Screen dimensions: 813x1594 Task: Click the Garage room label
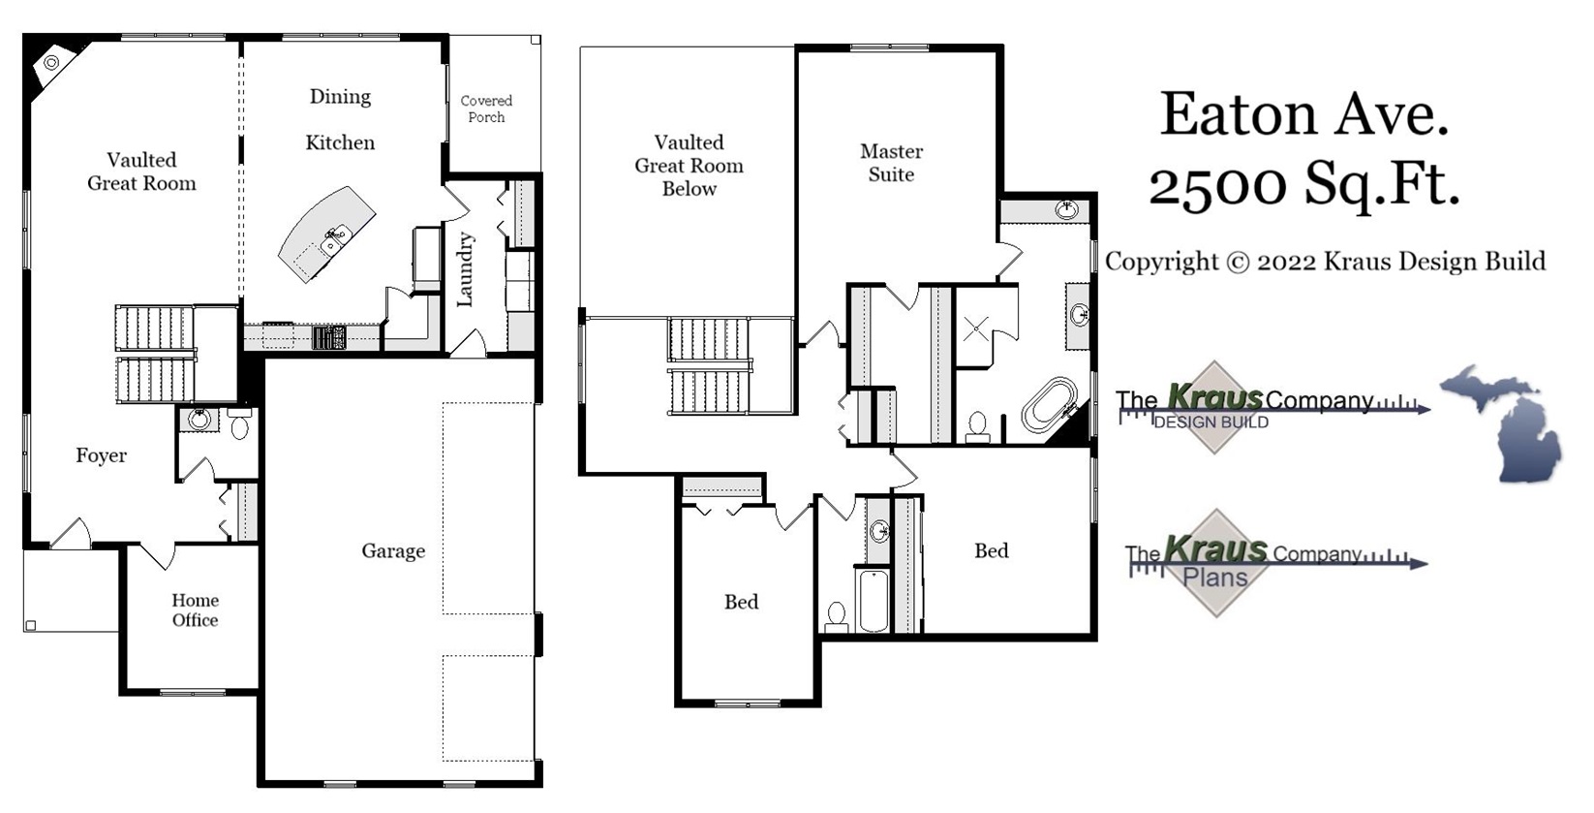[x=393, y=550]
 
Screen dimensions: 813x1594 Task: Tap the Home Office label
[x=195, y=610]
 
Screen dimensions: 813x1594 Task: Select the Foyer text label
[x=101, y=455]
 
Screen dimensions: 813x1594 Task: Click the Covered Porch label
[x=486, y=109]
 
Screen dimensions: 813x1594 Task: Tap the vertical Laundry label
[x=466, y=269]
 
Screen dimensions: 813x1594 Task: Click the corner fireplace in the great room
[x=50, y=63]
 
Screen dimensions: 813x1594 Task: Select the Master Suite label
[x=891, y=163]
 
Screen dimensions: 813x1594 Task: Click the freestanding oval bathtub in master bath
[x=1049, y=405]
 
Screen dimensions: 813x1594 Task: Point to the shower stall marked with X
[x=976, y=328]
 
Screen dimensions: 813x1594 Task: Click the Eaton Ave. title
[x=1303, y=114]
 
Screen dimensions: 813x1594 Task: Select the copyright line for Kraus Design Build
[x=1325, y=262]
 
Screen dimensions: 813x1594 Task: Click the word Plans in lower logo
[x=1215, y=578]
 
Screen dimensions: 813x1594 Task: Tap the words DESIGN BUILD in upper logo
[x=1211, y=422]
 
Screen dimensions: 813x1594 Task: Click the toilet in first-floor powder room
[x=239, y=424]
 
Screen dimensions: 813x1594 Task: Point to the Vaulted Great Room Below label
[x=689, y=166]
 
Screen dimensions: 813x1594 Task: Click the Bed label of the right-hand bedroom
[x=991, y=550]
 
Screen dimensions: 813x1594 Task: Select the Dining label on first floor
[x=340, y=97]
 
